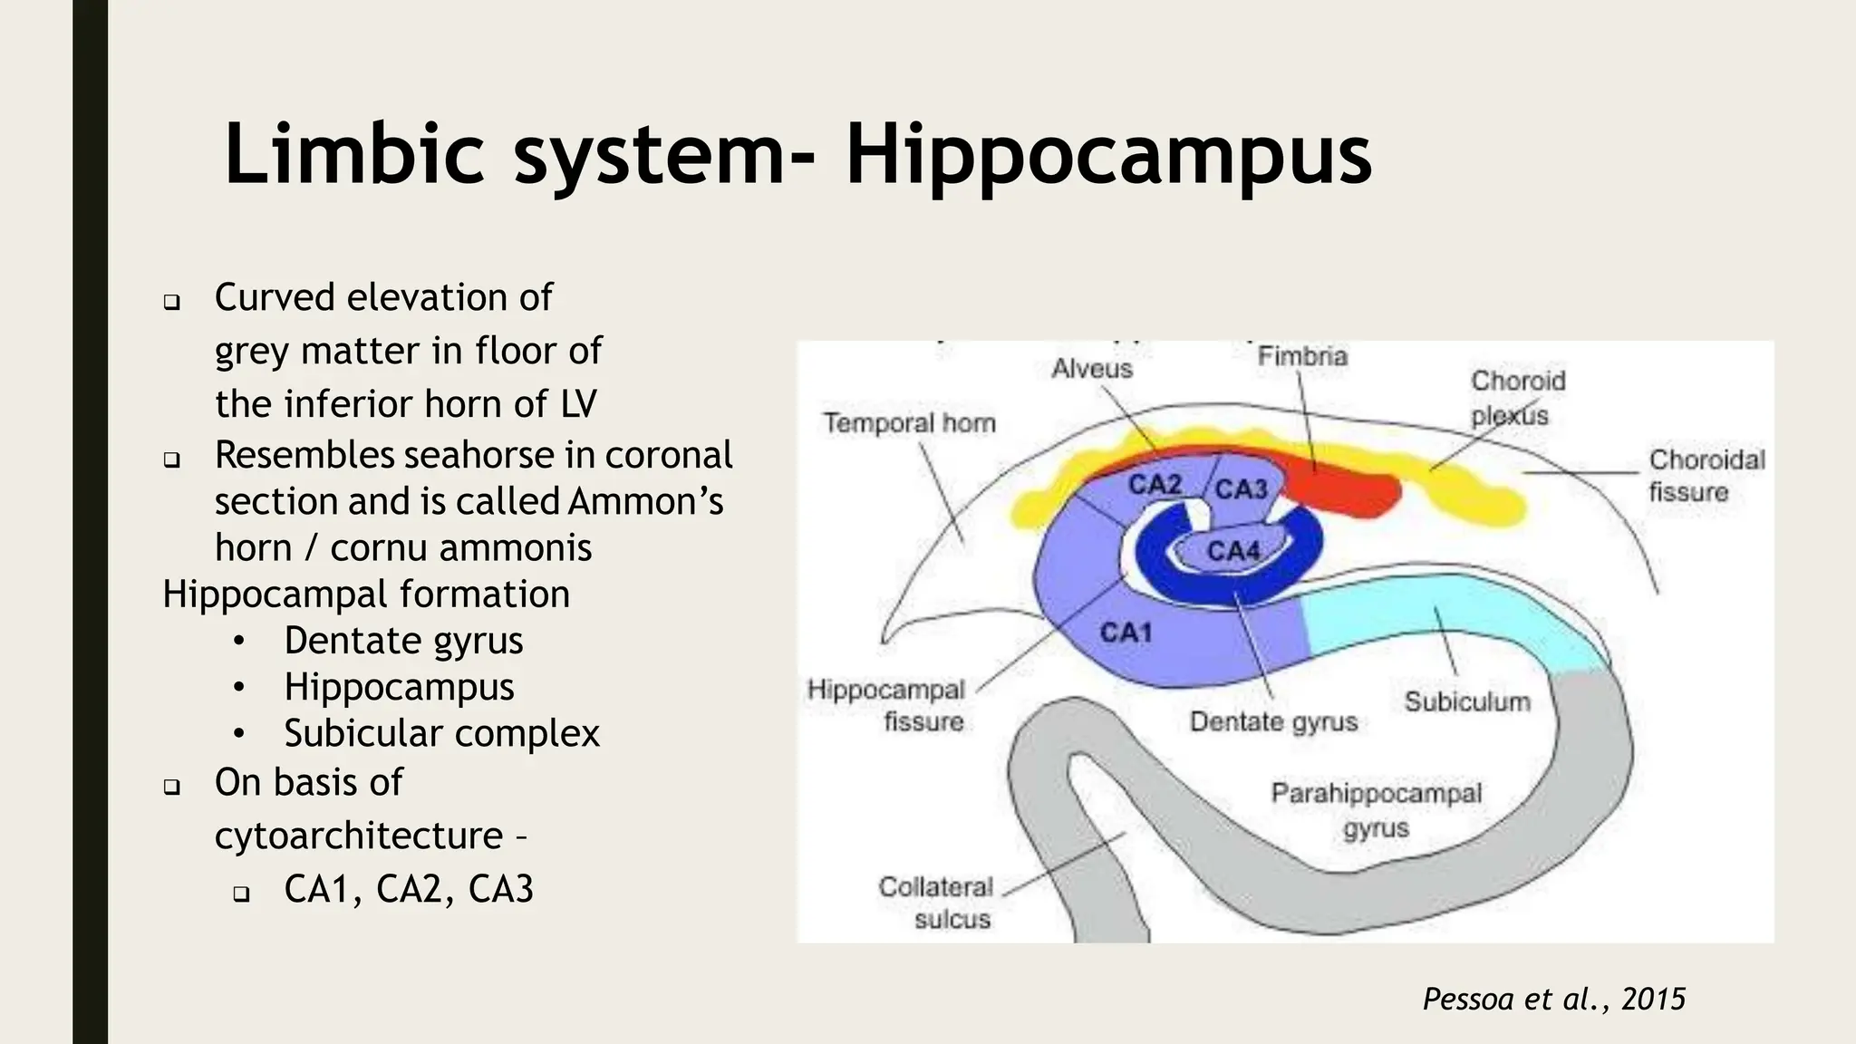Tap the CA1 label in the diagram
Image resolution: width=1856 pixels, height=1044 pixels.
coord(1126,632)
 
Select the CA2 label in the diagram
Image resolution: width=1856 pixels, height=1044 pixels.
coord(1155,485)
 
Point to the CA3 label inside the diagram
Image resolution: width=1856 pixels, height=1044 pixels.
coord(1240,489)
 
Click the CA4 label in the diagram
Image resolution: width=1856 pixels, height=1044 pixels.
coord(1232,550)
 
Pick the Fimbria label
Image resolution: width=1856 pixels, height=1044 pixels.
coord(1302,356)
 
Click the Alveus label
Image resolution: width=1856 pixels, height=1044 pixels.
coord(1092,369)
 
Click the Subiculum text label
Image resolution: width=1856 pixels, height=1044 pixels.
coord(1466,701)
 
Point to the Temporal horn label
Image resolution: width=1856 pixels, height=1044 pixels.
coord(909,423)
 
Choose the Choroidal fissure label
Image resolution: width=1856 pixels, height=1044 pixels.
coord(1706,476)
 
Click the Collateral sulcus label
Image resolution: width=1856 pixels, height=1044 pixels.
coord(936,903)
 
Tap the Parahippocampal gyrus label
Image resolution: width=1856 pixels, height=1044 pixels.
coord(1376,810)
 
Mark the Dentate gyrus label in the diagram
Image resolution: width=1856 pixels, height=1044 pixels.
coord(1273,721)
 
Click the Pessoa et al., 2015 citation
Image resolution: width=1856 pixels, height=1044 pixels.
coord(1553,999)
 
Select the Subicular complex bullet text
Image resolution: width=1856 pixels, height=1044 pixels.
coord(441,733)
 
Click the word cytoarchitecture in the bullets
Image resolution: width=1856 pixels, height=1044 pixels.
coord(359,836)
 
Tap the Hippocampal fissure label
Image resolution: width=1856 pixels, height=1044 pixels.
coord(885,705)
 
